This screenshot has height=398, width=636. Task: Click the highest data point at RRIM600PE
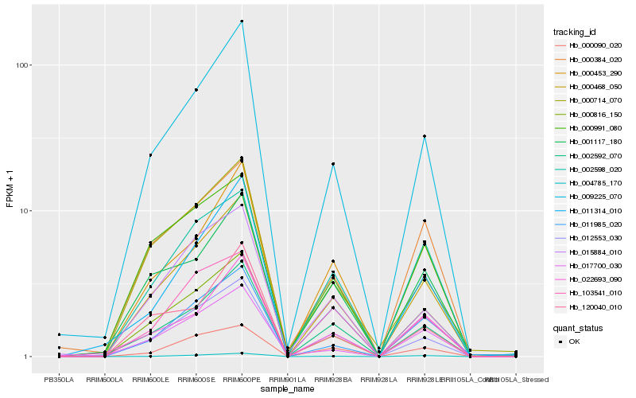(x=242, y=21)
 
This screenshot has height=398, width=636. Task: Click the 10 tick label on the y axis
(x=26, y=211)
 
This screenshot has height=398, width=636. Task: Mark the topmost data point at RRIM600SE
(x=196, y=90)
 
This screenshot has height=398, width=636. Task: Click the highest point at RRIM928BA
(x=333, y=164)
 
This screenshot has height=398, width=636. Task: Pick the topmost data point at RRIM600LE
(x=150, y=155)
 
